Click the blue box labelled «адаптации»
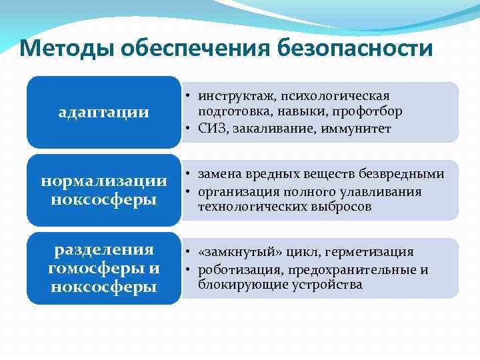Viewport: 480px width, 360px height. point(103,112)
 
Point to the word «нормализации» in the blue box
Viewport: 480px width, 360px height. point(103,181)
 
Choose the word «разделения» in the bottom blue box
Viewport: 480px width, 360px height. point(103,250)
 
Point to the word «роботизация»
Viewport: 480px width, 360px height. point(234,270)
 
